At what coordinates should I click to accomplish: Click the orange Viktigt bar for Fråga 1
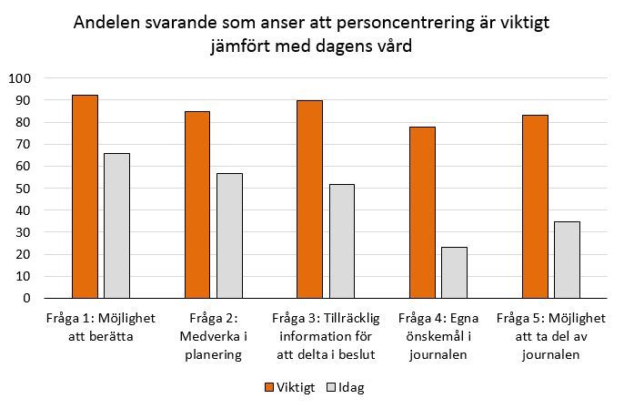pos(85,196)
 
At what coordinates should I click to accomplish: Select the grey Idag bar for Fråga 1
pos(116,225)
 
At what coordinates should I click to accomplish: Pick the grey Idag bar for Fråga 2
pos(229,235)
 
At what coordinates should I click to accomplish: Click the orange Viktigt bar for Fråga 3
pos(309,199)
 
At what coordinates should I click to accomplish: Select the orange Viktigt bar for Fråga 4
pos(422,211)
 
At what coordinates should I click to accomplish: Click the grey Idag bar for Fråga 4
pos(454,272)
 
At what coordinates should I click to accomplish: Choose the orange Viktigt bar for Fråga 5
pos(535,206)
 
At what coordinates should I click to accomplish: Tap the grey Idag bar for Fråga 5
pos(567,260)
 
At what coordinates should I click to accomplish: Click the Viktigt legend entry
pos(290,387)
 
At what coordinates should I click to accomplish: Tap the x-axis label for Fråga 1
pos(100,327)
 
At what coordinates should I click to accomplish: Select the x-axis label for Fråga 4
pos(438,337)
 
